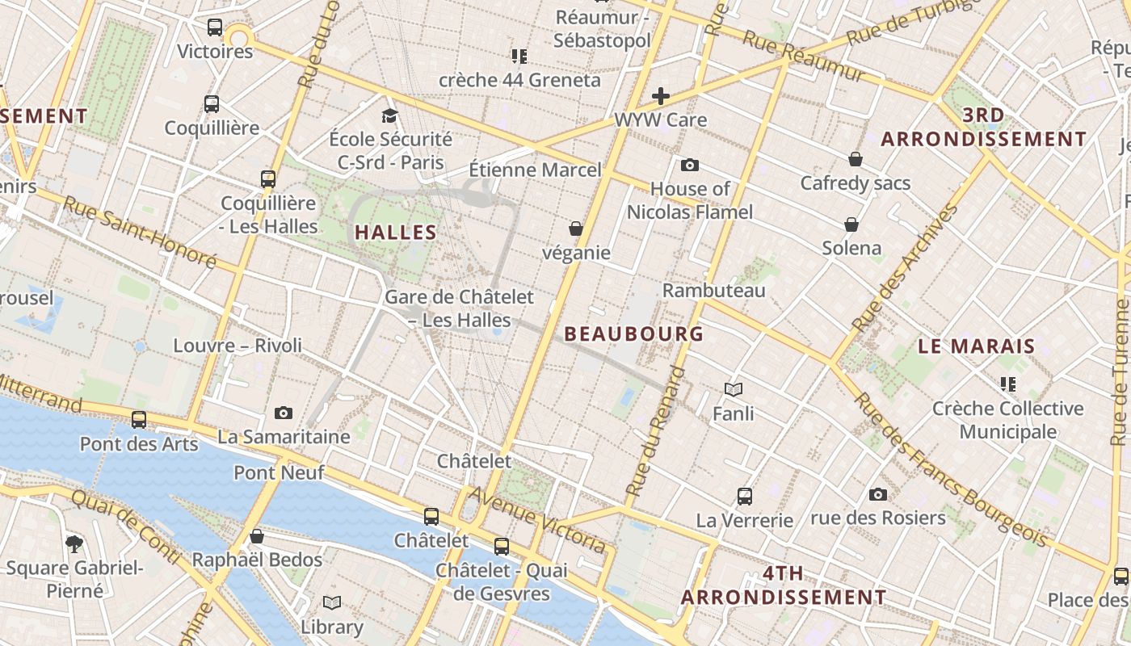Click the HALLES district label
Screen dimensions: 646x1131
pyautogui.click(x=396, y=233)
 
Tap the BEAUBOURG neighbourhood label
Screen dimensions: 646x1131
pyautogui.click(x=633, y=333)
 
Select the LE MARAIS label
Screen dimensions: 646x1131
pyautogui.click(x=977, y=346)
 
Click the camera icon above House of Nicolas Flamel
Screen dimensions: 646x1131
pyautogui.click(x=689, y=166)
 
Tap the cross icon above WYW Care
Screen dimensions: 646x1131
pyautogui.click(x=661, y=97)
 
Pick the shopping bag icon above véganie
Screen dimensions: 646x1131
pyautogui.click(x=576, y=229)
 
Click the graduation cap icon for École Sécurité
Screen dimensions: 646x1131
pyautogui.click(x=390, y=115)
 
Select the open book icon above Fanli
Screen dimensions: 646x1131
pyautogui.click(x=733, y=390)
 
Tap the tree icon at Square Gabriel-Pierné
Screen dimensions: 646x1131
pyautogui.click(x=74, y=544)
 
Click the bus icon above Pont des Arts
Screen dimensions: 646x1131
pyautogui.click(x=139, y=420)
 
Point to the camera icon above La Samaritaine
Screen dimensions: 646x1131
pyautogui.click(x=283, y=413)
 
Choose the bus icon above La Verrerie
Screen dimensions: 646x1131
pyautogui.click(x=745, y=497)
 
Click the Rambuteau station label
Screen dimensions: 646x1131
pyautogui.click(x=713, y=290)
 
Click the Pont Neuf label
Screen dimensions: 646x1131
pyautogui.click(x=279, y=472)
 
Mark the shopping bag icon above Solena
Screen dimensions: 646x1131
pyautogui.click(x=851, y=224)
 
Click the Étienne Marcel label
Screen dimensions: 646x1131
pyautogui.click(x=535, y=170)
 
